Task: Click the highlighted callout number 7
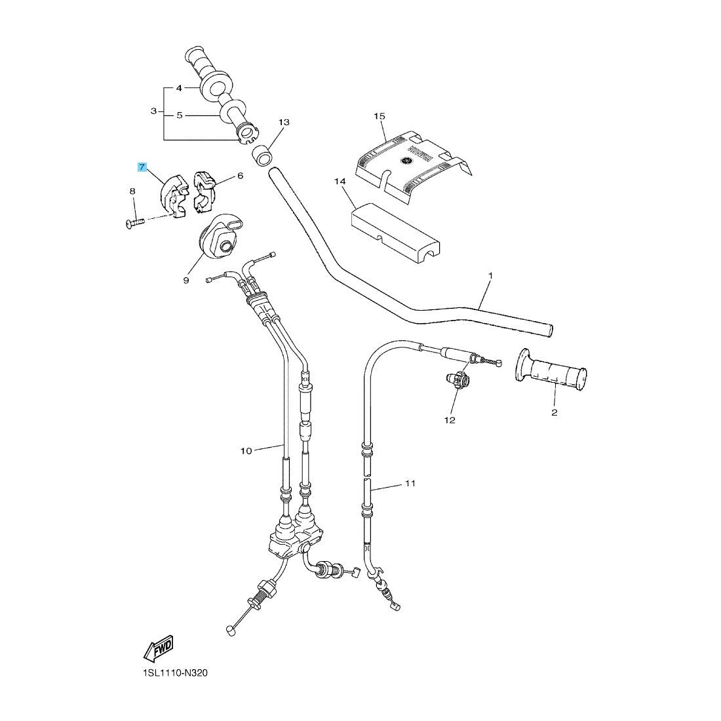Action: tap(142, 167)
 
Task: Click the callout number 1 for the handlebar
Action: tap(490, 277)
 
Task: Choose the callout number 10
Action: tap(246, 450)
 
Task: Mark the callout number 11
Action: tap(410, 484)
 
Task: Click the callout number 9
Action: tap(185, 280)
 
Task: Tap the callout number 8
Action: tap(132, 191)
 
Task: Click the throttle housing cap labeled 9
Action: tap(219, 237)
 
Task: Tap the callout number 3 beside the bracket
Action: tap(153, 111)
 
